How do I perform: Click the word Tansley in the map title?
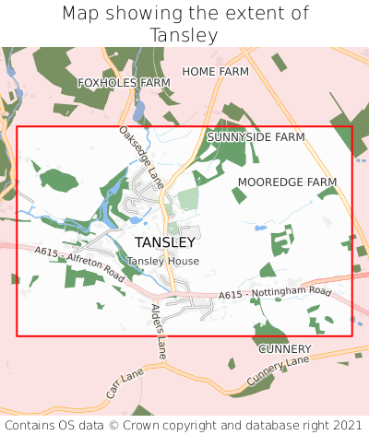[184, 35]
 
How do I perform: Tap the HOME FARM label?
[215, 71]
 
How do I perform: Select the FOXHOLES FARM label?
[125, 83]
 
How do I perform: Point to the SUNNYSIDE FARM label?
[256, 136]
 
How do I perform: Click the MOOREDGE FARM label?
[287, 182]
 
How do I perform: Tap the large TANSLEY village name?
[165, 242]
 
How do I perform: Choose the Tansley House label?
[162, 261]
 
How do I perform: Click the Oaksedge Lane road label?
[141, 158]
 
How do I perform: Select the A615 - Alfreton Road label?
[79, 264]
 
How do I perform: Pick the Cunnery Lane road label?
[277, 372]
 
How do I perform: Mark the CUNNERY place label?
[284, 349]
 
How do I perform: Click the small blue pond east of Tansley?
[261, 226]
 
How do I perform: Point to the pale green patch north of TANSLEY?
[188, 199]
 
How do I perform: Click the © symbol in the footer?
[117, 425]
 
